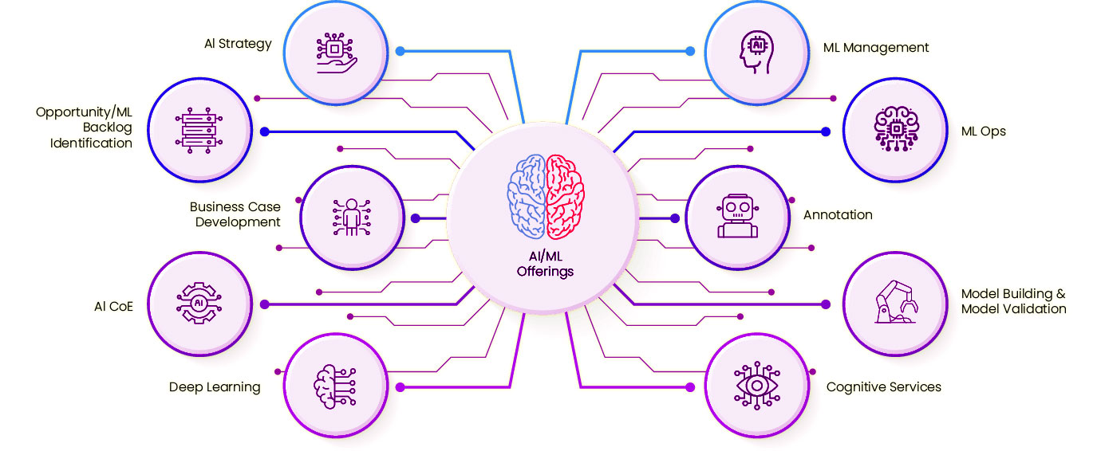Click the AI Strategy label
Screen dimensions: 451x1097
click(x=238, y=44)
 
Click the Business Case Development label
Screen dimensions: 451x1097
click(x=235, y=214)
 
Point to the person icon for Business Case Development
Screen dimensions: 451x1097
click(x=349, y=217)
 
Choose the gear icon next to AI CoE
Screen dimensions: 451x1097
click(x=198, y=304)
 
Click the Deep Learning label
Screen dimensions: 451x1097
click(x=215, y=387)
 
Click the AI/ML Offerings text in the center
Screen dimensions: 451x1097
click(x=545, y=264)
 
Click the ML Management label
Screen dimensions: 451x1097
click(x=876, y=48)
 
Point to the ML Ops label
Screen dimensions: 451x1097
click(x=984, y=131)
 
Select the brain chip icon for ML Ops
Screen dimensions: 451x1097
click(x=894, y=129)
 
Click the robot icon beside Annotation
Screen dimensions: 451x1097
click(x=737, y=216)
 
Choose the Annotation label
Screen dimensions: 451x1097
click(x=838, y=215)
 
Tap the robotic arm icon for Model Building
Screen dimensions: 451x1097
click(x=894, y=304)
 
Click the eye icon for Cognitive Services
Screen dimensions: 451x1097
click(x=756, y=386)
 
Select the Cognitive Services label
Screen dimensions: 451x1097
click(x=883, y=387)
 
